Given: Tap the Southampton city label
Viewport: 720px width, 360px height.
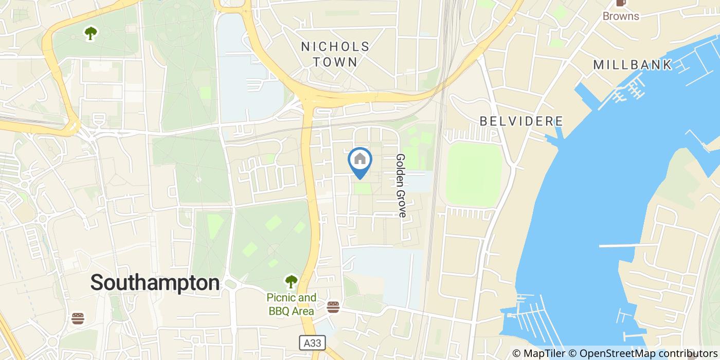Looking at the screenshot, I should click(x=155, y=283).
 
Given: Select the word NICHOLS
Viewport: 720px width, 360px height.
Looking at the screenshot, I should click(x=335, y=47).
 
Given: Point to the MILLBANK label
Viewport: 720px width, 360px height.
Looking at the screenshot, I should click(x=633, y=65).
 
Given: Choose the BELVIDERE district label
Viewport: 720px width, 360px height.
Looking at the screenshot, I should click(x=521, y=121).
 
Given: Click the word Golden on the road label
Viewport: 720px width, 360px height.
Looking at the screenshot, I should click(x=401, y=170).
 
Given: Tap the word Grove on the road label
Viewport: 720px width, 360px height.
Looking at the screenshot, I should click(x=401, y=203).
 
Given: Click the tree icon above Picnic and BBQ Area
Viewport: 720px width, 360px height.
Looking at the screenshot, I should click(x=292, y=281).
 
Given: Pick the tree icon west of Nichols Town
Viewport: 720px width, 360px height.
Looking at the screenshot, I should click(x=92, y=33).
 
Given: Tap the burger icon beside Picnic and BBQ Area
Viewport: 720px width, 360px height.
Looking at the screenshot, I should click(x=333, y=308).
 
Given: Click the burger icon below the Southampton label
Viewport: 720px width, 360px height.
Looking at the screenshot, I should click(x=78, y=318).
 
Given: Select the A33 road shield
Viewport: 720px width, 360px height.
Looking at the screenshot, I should click(x=307, y=341).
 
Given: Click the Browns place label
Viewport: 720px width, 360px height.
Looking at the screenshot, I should click(x=621, y=16).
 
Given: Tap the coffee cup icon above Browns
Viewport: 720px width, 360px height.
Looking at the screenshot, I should click(x=621, y=3).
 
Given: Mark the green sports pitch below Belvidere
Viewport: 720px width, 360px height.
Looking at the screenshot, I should click(x=473, y=175).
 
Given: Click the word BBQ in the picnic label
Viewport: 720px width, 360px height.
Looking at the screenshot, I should click(x=279, y=311).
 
